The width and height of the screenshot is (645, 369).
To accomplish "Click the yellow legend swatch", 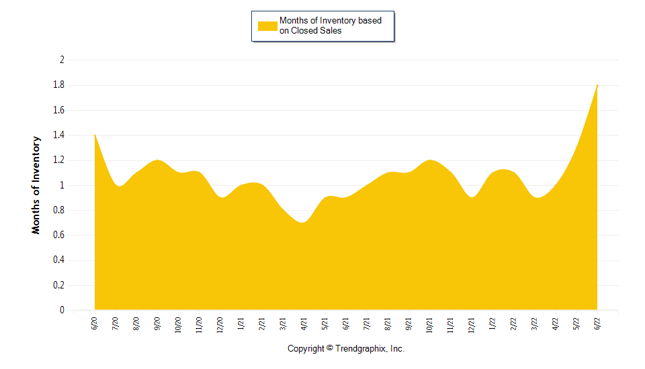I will click(267, 25).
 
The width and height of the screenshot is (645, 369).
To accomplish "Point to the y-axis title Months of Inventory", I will click(36, 185).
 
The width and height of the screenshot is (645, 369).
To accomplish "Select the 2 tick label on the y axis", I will click(62, 60).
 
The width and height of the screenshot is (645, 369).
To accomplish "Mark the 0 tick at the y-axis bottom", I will click(62, 311).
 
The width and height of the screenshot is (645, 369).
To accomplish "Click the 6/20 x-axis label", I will click(94, 323).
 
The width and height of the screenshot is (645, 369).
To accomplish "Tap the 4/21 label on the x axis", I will click(304, 323).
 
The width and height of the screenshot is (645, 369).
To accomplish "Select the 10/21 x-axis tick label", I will click(429, 325).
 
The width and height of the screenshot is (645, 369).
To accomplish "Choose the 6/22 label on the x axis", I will click(597, 323).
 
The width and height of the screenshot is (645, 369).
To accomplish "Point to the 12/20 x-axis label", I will click(220, 325).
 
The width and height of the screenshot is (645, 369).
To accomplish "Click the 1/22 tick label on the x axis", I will click(492, 323).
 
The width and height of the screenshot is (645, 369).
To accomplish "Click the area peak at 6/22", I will click(597, 86).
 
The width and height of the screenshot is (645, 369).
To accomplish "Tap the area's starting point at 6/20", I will click(95, 136).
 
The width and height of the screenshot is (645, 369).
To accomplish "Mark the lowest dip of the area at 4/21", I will click(302, 223).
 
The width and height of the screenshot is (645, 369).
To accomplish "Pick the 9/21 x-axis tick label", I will click(408, 323).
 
